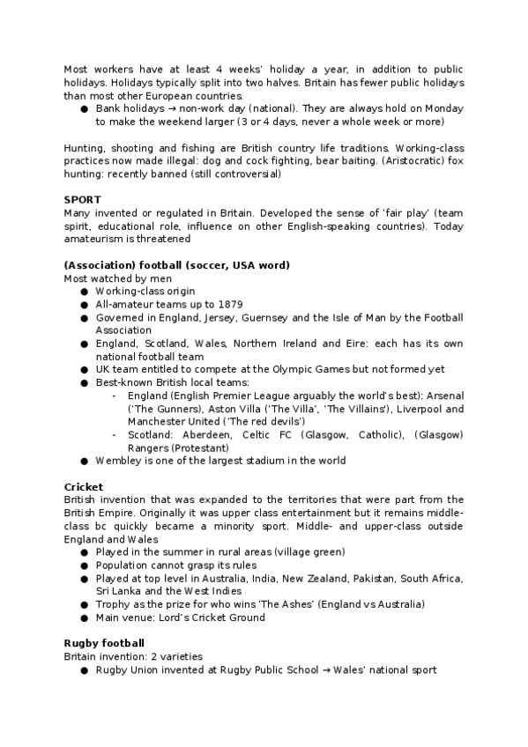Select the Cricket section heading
[84, 487]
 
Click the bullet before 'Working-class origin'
[84, 291]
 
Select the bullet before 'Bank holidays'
[84, 108]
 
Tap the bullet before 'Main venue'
[84, 618]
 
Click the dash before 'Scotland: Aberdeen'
[115, 435]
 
